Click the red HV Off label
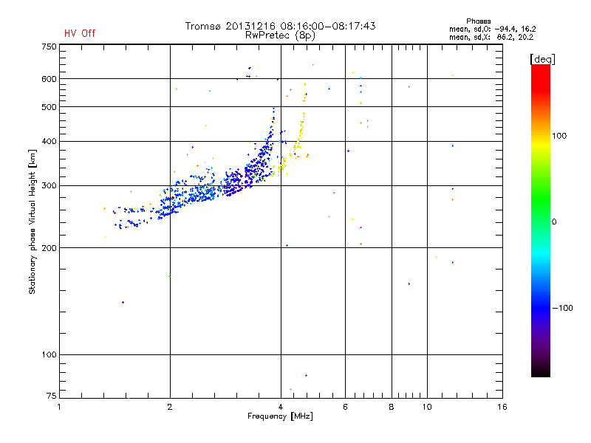tap(80, 33)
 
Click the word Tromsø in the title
tap(203, 26)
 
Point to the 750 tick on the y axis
tap(49, 47)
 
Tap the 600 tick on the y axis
tap(49, 79)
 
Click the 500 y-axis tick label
tap(49, 107)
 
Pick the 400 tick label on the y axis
tap(49, 141)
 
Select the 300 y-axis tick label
tap(49, 185)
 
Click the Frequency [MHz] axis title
tap(281, 416)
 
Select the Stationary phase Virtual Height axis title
tap(33, 221)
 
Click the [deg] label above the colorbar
tap(543, 58)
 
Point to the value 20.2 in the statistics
tap(525, 36)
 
